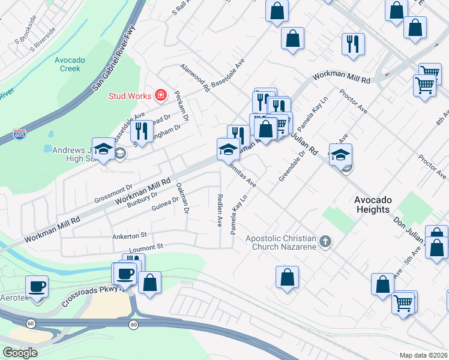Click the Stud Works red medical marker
160,95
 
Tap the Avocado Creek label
70,64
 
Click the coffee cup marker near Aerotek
37,286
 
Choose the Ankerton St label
130,236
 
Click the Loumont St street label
146,247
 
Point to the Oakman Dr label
182,199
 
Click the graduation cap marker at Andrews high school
104,150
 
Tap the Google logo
20,353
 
